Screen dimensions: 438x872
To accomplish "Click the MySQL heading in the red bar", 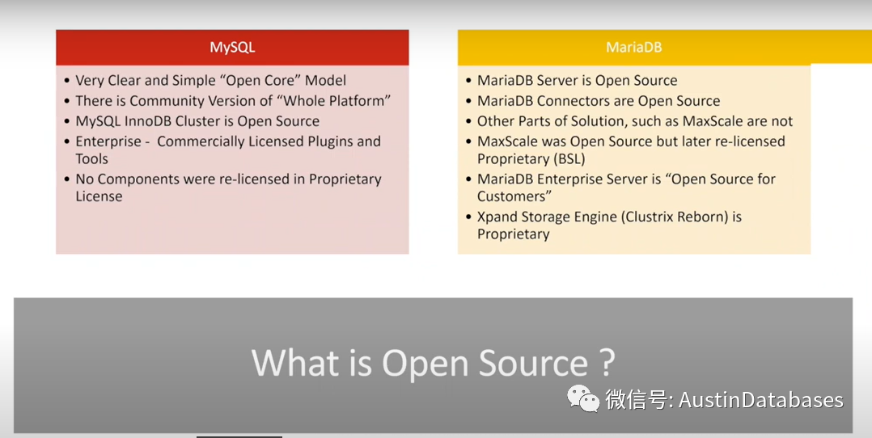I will pos(232,47).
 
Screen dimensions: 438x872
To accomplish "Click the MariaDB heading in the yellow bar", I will pos(633,47).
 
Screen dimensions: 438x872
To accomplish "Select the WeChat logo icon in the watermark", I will pos(583,398).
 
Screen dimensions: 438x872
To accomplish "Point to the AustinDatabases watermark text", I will pos(760,399).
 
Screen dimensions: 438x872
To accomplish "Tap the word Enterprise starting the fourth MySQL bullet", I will pos(108,141).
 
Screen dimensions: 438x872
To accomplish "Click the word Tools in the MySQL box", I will pos(92,159).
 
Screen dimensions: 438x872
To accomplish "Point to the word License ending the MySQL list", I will pos(99,196).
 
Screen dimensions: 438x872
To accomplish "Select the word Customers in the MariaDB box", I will pos(511,196).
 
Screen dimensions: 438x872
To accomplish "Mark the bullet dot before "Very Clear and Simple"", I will pos(66,81).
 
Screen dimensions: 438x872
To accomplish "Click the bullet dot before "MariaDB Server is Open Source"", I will pos(468,81).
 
